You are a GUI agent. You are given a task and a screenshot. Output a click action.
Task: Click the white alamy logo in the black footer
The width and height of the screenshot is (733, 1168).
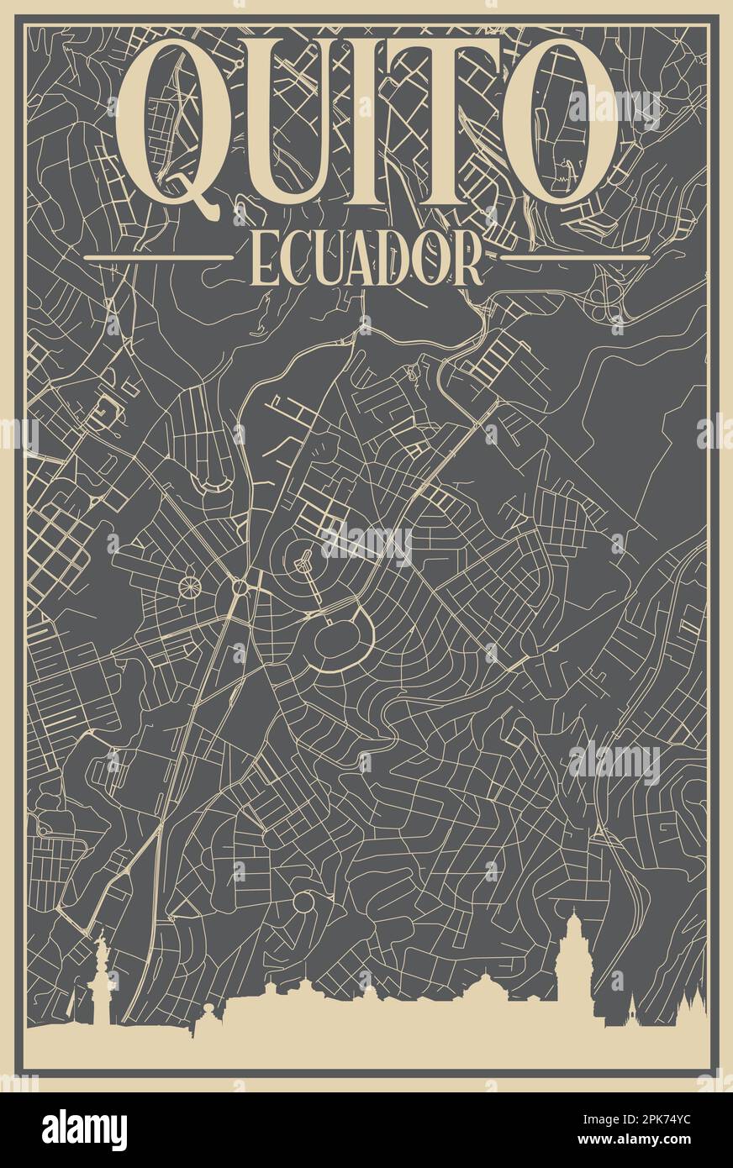tap(85, 1129)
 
